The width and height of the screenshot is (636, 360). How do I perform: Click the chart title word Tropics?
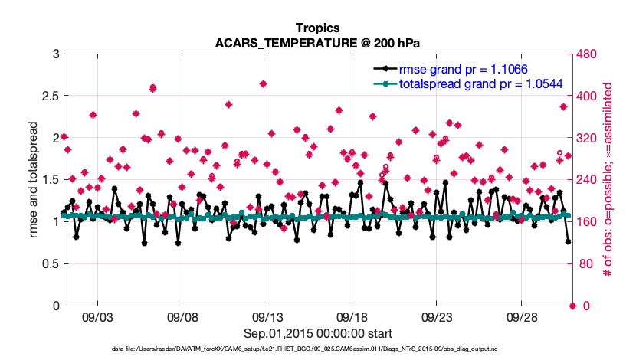pos(317,28)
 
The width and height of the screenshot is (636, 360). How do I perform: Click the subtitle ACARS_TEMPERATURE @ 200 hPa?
pos(317,42)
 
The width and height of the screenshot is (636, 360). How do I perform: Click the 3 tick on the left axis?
pos(49,54)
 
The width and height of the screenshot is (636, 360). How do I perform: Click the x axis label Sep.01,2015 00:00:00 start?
pos(317,333)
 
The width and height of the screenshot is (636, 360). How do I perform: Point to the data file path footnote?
pos(317,349)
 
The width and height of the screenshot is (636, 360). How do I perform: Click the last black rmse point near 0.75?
pos(568,242)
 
